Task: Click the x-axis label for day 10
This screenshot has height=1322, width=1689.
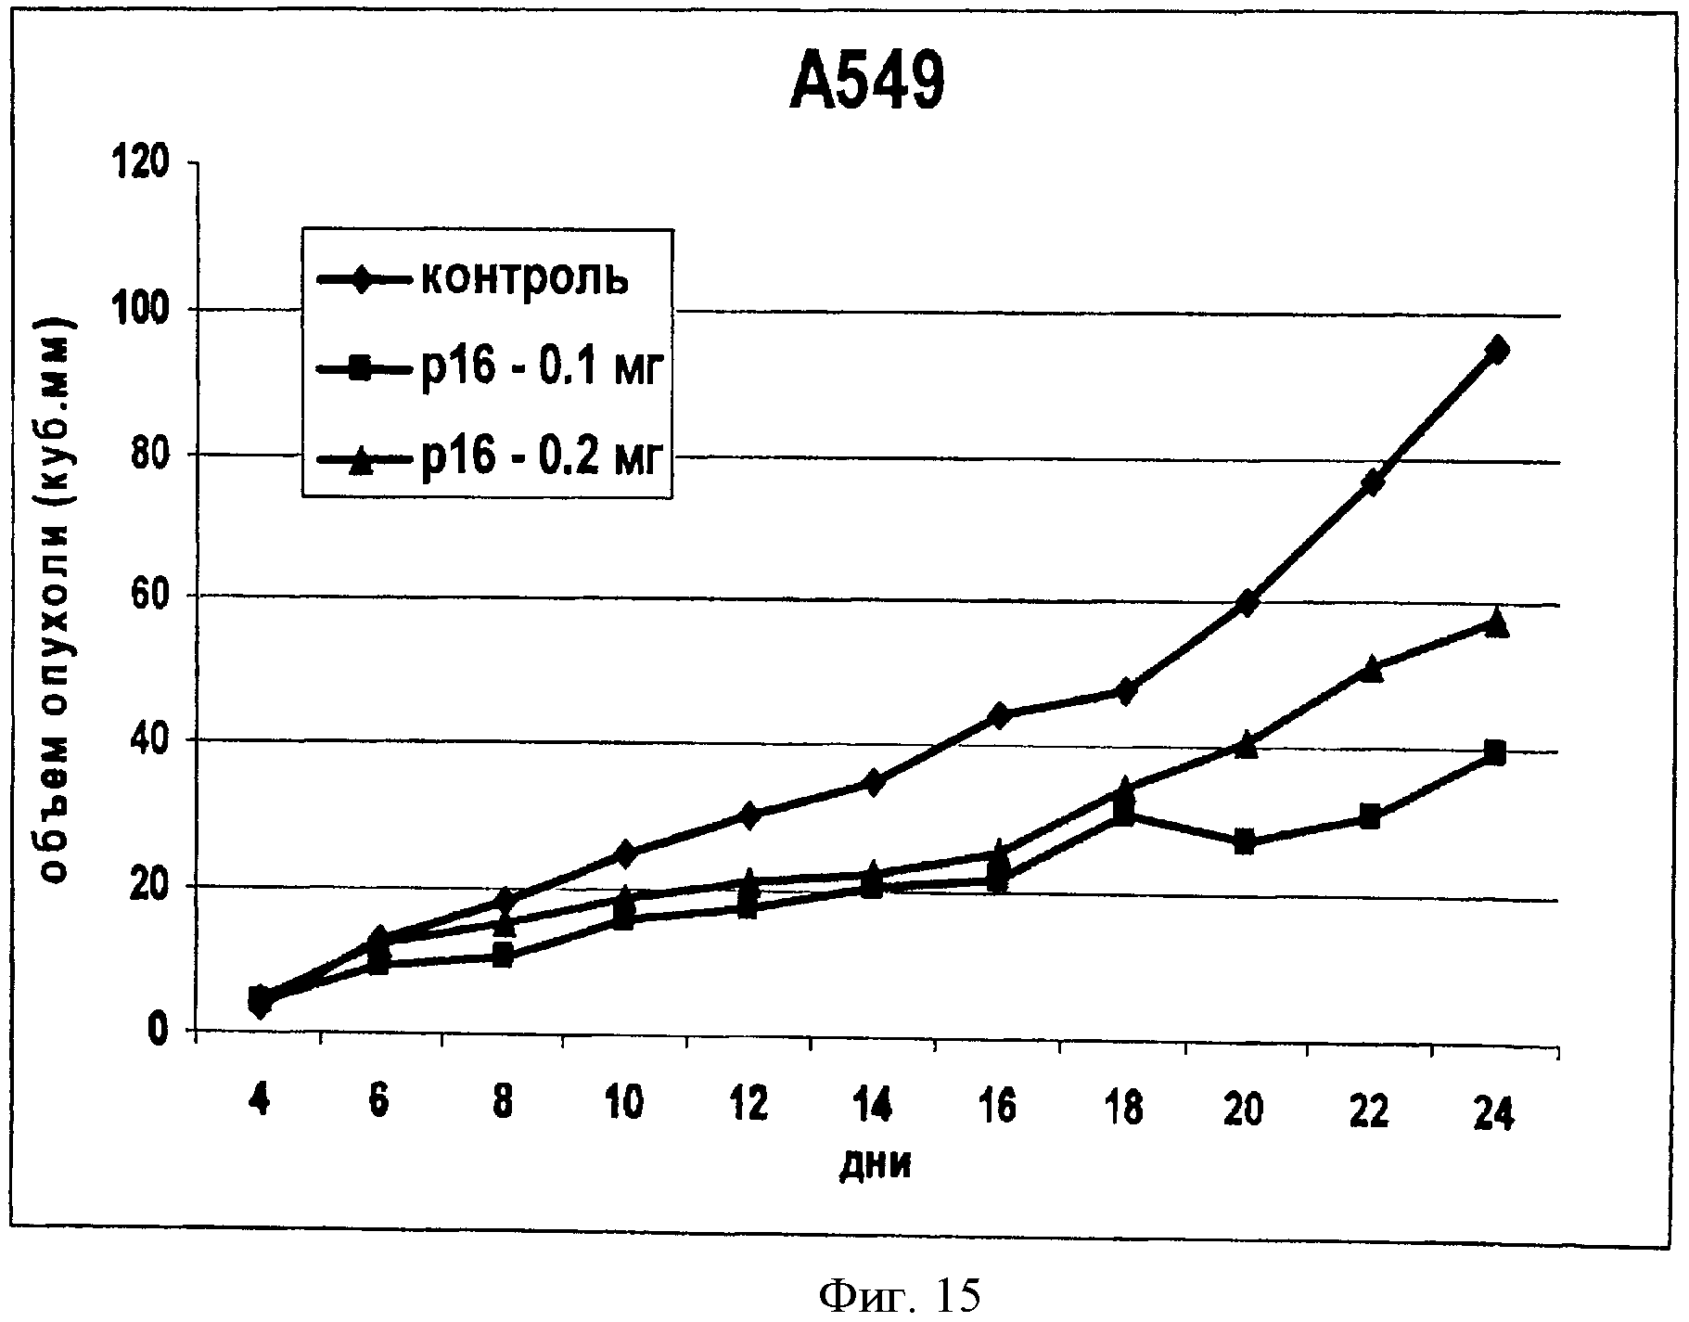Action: pyautogui.click(x=624, y=1106)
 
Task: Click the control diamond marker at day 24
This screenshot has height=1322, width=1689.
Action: pyautogui.click(x=1495, y=350)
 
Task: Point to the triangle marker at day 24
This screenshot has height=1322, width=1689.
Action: pyautogui.click(x=1495, y=624)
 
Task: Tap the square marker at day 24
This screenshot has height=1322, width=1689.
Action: pyautogui.click(x=1494, y=751)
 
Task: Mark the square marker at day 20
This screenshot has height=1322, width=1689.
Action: pyautogui.click(x=1246, y=843)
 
